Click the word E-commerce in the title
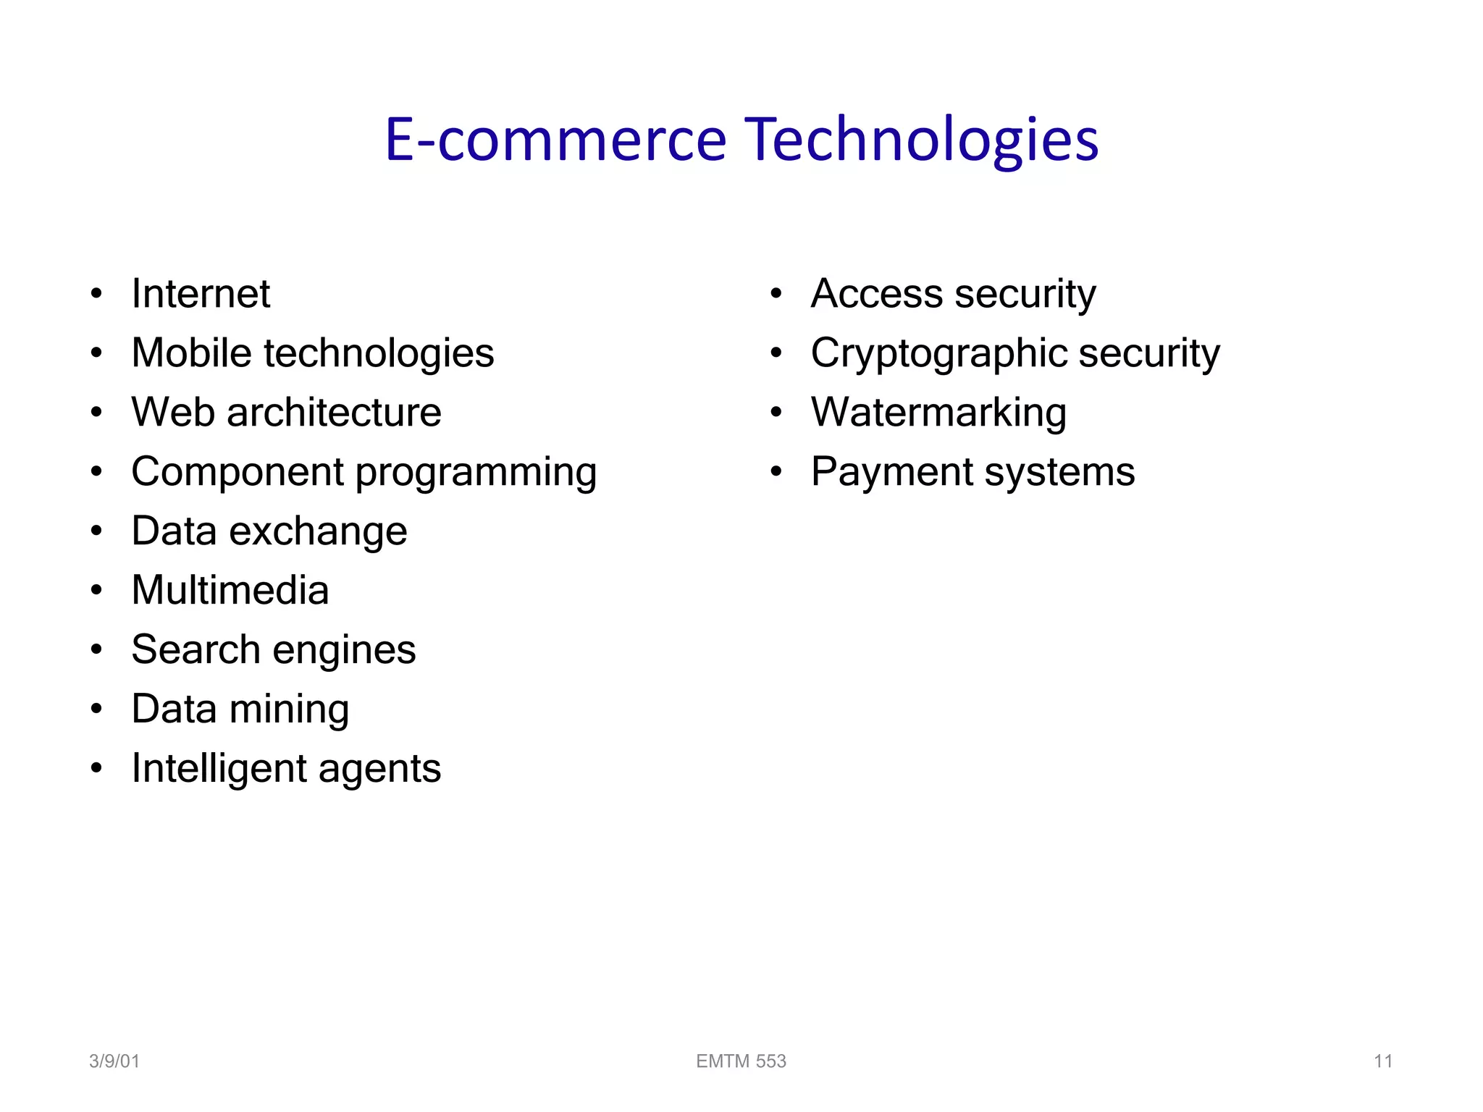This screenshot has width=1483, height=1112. pos(555,139)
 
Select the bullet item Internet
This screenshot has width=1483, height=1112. pos(201,294)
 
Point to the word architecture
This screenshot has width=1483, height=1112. pos(334,413)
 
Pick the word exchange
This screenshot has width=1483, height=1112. pos(318,531)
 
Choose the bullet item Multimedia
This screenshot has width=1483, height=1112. pos(230,590)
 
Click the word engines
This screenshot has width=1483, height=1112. pos(344,650)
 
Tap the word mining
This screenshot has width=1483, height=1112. pos(289,709)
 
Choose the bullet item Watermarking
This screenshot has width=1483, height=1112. pos(938,413)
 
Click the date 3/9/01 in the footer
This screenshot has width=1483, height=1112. pos(114,1061)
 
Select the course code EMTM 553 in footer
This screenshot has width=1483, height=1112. pos(741,1061)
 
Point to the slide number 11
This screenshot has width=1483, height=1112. pos(1383,1061)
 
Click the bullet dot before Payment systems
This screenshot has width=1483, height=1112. pos(776,473)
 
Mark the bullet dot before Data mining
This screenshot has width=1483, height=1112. pos(97,709)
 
